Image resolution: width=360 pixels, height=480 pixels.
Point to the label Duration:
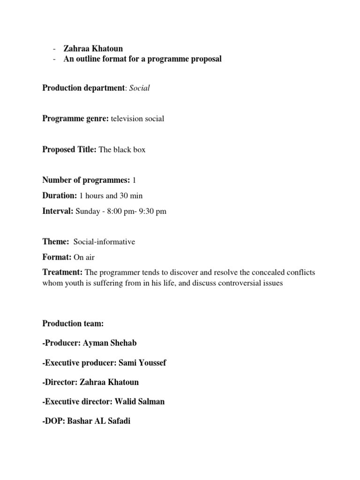click(x=60, y=195)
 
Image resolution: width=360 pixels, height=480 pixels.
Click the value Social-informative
click(x=104, y=242)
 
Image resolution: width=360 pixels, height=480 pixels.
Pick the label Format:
click(x=57, y=257)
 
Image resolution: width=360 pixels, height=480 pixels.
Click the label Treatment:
click(x=62, y=272)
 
